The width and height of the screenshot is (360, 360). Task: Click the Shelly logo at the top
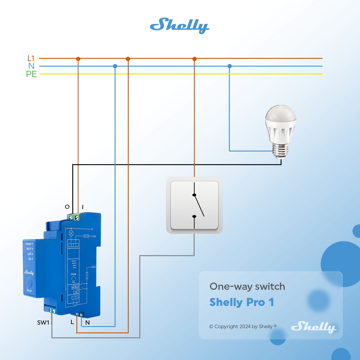(x=179, y=25)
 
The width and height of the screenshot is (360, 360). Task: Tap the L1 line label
(x=31, y=58)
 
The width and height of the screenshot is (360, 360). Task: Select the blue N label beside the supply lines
(x=31, y=66)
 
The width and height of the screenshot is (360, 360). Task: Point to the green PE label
(x=31, y=74)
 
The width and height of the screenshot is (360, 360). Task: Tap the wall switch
(x=194, y=205)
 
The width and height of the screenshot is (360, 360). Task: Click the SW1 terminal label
(x=43, y=322)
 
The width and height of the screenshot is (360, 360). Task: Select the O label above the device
(x=67, y=207)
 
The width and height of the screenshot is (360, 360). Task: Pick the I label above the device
(x=83, y=207)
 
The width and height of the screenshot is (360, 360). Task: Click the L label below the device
(x=72, y=322)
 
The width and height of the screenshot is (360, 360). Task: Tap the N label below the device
(x=88, y=323)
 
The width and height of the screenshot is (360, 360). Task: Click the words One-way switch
(x=247, y=286)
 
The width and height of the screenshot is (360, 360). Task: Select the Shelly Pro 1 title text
(x=241, y=302)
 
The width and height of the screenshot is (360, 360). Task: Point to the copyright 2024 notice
(x=243, y=326)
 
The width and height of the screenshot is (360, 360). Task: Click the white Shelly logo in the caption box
(x=313, y=327)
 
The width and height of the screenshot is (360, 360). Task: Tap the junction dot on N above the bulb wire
(x=229, y=66)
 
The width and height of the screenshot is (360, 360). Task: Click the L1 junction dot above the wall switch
(x=194, y=59)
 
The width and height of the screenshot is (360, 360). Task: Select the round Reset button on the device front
(x=29, y=282)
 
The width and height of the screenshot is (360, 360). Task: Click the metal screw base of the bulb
(x=281, y=150)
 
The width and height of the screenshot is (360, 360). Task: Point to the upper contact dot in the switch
(x=194, y=195)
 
